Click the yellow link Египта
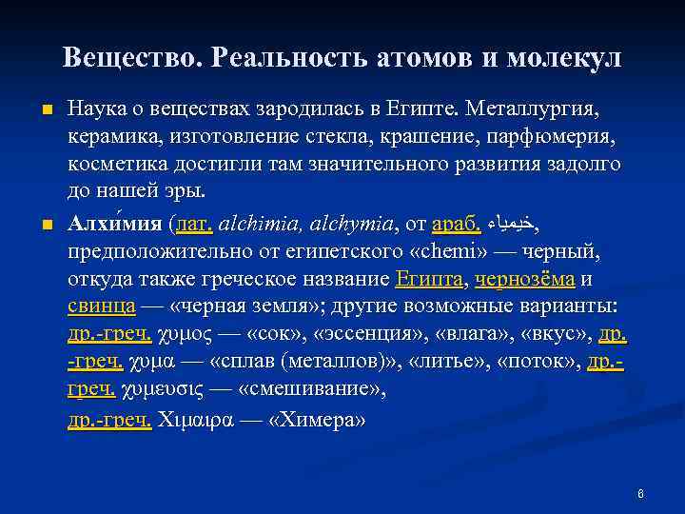coord(430,280)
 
